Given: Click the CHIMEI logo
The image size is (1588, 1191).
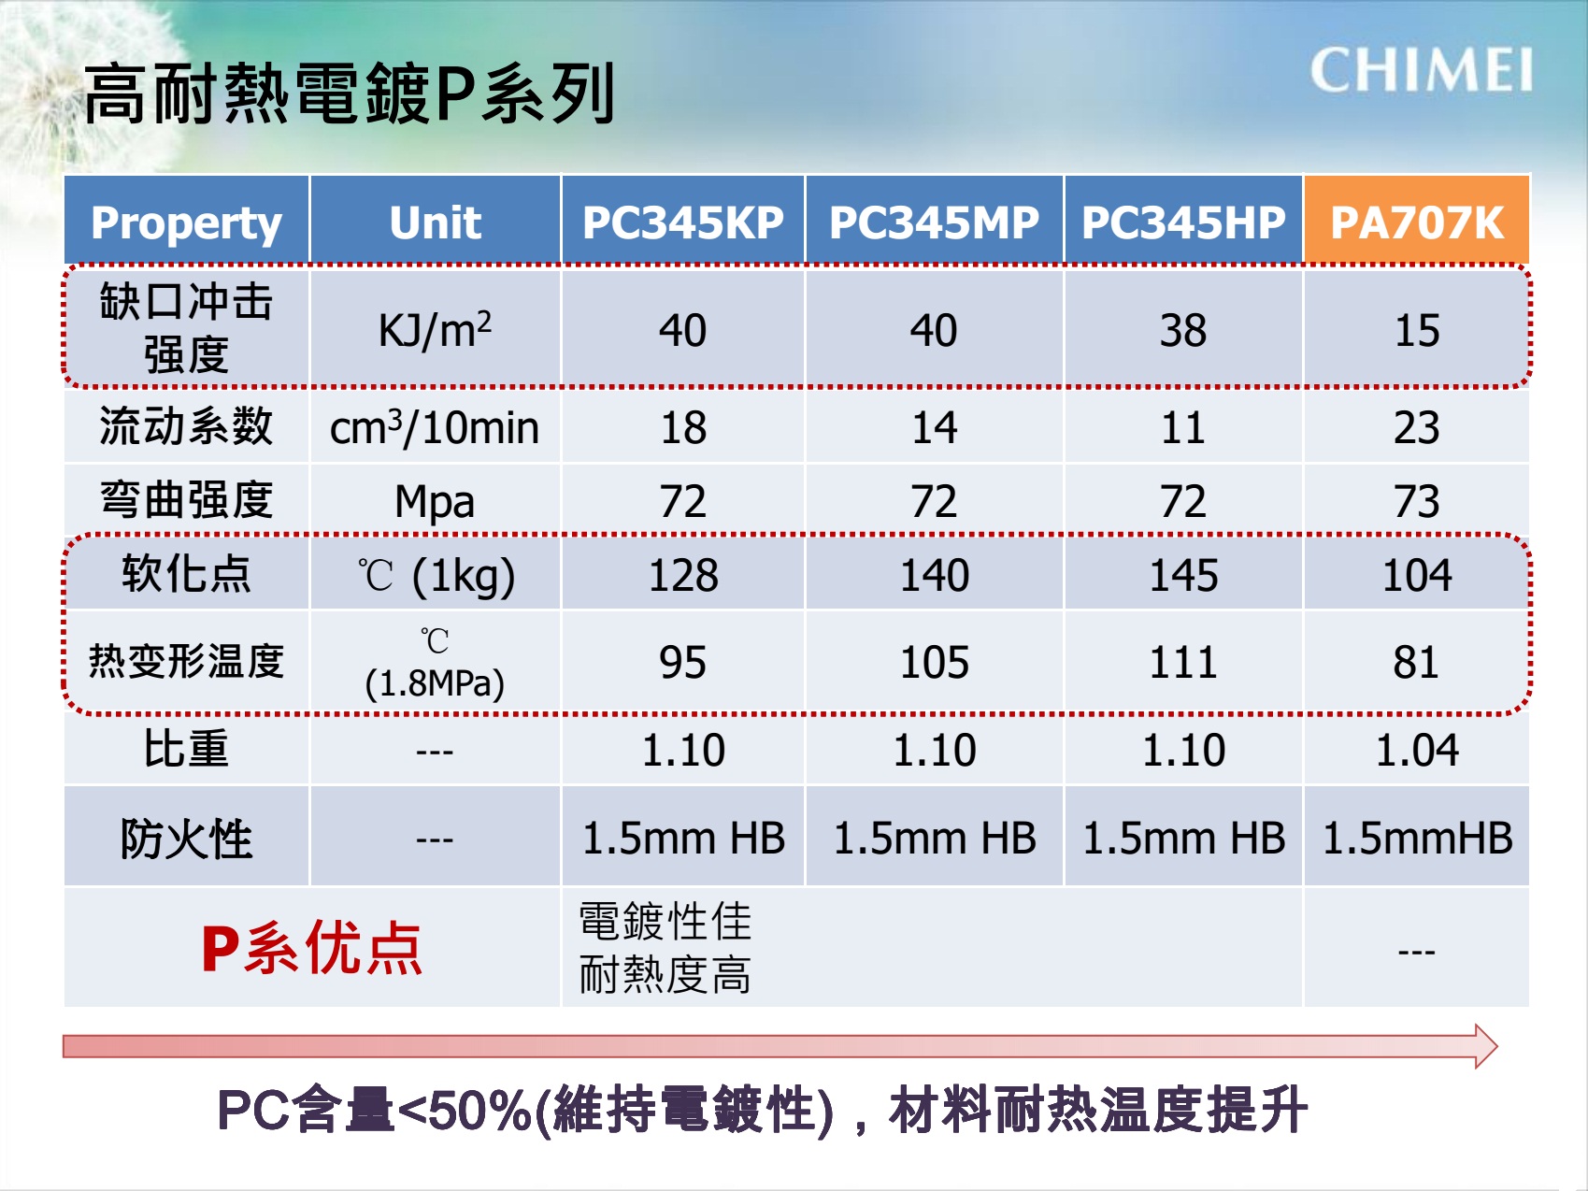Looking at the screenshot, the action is click(x=1421, y=70).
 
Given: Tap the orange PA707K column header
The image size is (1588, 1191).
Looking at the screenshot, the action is click(x=1417, y=222).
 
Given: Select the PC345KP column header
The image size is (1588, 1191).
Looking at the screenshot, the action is click(x=683, y=222).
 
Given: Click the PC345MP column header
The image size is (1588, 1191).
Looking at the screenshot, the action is click(x=934, y=222).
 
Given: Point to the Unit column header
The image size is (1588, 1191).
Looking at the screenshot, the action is click(x=436, y=222).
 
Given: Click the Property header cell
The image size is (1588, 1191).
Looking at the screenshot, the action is click(x=186, y=222).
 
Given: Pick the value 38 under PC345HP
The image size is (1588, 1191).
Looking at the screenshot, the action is click(x=1183, y=330).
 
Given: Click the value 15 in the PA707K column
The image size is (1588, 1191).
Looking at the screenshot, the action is click(x=1417, y=330).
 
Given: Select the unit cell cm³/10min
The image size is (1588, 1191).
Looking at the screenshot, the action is click(x=435, y=427).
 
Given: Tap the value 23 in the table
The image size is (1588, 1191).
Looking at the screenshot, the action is click(x=1417, y=427).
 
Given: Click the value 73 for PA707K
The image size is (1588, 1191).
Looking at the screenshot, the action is click(x=1417, y=501).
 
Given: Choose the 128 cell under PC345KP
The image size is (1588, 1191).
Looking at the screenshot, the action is click(x=683, y=575).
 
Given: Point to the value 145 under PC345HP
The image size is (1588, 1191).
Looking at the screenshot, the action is click(x=1183, y=575).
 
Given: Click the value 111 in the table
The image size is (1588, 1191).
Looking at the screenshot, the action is click(x=1183, y=663).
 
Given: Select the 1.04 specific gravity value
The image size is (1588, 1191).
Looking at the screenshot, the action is click(x=1417, y=750).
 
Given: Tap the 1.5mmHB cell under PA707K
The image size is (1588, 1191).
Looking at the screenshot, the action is click(x=1417, y=838).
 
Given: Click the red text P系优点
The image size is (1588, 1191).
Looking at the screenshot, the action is click(x=312, y=948).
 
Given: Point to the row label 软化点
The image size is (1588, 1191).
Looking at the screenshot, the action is click(x=186, y=573).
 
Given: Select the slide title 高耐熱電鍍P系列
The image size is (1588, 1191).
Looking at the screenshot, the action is click(x=349, y=93).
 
